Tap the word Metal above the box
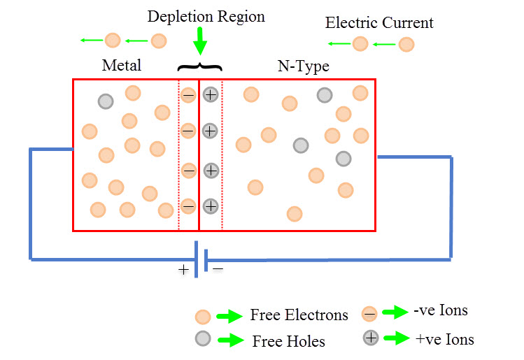[x=122, y=66]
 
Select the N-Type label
[x=303, y=66]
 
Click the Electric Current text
[x=379, y=22]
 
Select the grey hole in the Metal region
[x=105, y=101]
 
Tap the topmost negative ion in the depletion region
[x=188, y=94]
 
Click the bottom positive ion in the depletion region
[x=211, y=206]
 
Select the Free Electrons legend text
[x=299, y=315]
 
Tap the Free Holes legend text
[x=289, y=341]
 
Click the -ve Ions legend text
[x=441, y=310]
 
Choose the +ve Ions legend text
[x=444, y=340]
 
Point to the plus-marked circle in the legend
[x=371, y=338]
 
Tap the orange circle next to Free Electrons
[x=203, y=316]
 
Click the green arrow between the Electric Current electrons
[x=383, y=45]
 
